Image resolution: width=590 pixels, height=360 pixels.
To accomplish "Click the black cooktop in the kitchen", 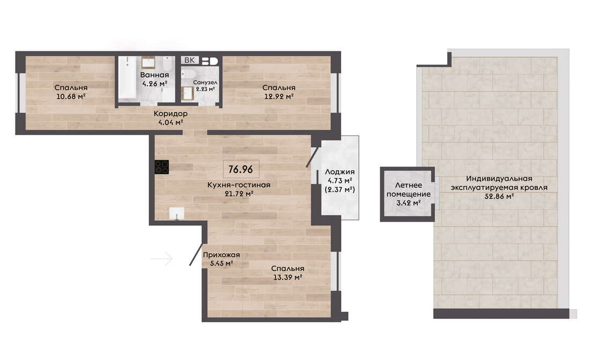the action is pyautogui.click(x=162, y=167).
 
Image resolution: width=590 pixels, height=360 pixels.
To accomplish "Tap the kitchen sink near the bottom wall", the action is pyautogui.click(x=176, y=213).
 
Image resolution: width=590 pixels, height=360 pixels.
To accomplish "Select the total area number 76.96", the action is pyautogui.click(x=241, y=170).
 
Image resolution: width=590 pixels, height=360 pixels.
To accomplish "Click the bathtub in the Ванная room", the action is pyautogui.click(x=128, y=78).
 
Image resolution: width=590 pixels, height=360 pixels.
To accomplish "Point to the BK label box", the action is pyautogui.click(x=190, y=60).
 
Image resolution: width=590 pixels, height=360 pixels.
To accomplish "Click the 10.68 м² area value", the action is pyautogui.click(x=71, y=97).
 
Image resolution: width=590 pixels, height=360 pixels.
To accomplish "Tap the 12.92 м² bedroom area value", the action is pyautogui.click(x=279, y=97).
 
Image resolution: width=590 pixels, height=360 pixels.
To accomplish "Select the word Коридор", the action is pyautogui.click(x=171, y=113).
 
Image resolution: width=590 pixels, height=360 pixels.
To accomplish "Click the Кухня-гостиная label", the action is pyautogui.click(x=239, y=185).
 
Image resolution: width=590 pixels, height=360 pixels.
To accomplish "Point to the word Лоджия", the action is pyautogui.click(x=340, y=172).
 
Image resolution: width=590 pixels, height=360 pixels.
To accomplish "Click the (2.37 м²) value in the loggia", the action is pyautogui.click(x=340, y=189).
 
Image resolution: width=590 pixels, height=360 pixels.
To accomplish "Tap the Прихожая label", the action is pyautogui.click(x=221, y=254).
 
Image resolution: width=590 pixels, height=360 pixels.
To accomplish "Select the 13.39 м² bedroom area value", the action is pyautogui.click(x=288, y=277).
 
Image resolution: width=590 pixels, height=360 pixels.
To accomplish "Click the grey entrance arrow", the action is pyautogui.click(x=161, y=259).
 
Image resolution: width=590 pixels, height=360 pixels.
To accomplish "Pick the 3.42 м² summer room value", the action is pyautogui.click(x=409, y=203).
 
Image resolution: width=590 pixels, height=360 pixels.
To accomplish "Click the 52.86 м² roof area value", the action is pyautogui.click(x=499, y=196).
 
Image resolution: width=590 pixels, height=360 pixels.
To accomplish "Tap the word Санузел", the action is pyautogui.click(x=205, y=82).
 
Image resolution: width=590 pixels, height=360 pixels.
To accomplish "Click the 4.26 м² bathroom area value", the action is pyautogui.click(x=154, y=83).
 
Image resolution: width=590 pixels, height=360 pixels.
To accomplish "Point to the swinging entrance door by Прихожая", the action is pyautogui.click(x=197, y=254).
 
